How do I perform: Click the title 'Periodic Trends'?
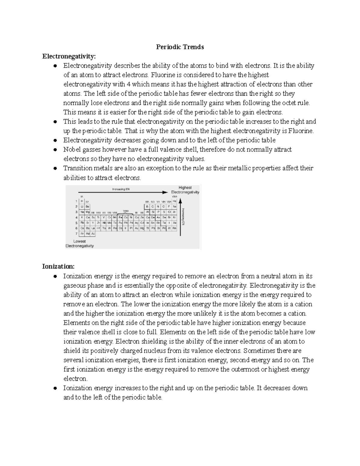click(180, 47)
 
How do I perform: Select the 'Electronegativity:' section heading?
click(69, 56)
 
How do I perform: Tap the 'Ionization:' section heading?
click(58, 266)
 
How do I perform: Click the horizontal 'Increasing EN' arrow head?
click(165, 192)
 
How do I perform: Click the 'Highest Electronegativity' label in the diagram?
click(185, 190)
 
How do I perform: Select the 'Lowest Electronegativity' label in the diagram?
click(79, 243)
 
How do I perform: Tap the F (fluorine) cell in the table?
click(169, 207)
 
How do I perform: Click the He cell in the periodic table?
click(175, 201)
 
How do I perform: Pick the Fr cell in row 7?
click(82, 234)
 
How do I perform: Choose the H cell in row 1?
click(82, 201)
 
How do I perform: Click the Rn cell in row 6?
click(175, 228)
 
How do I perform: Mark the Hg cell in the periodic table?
click(142, 228)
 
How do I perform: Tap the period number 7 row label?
click(76, 234)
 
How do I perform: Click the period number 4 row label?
click(76, 218)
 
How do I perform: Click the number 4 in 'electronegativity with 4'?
click(129, 84)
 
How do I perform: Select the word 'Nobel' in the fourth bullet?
click(72, 149)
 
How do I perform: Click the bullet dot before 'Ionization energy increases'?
click(55, 388)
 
